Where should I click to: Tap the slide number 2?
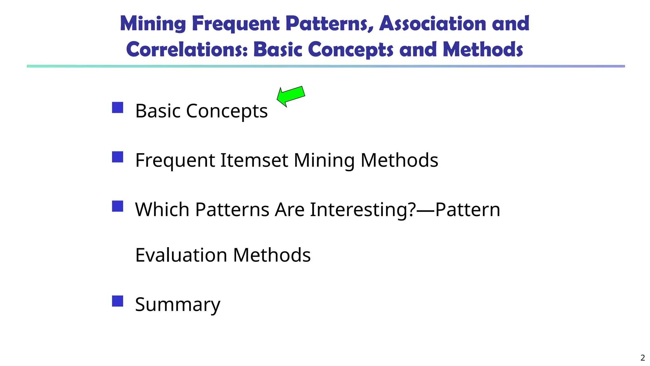point(642,358)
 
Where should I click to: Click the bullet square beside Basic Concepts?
point(117,108)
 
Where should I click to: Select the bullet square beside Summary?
point(117,301)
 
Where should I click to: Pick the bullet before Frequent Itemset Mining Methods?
point(117,157)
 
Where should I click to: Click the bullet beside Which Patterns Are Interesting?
point(117,206)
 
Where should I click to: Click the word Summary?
point(177,304)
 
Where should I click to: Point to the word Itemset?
point(254,160)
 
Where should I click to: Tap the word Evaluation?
point(181,255)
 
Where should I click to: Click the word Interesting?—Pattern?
point(405,210)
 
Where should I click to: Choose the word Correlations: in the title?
point(187,50)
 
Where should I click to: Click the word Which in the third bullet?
point(162,210)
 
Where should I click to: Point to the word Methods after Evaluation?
point(272,255)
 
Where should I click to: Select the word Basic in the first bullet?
point(158,111)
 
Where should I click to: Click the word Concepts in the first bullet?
point(227,111)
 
